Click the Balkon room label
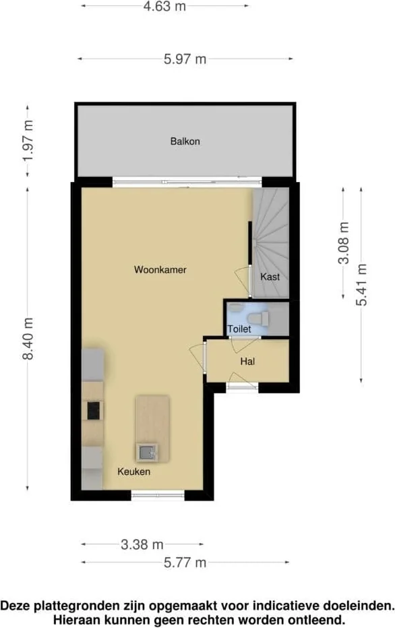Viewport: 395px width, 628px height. coord(185,142)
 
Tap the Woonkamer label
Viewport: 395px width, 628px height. coord(160,270)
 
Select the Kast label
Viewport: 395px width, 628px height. coord(270,277)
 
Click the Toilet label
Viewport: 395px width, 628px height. coord(239,329)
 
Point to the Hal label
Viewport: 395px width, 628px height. coord(247,362)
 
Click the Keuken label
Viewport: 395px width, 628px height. coord(133,472)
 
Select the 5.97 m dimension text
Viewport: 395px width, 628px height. coord(185,59)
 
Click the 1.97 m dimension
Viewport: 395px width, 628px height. coord(28,140)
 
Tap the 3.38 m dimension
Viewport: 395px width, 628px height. coord(142,544)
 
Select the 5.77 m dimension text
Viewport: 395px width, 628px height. coord(185,563)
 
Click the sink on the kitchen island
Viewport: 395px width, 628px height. coord(146,452)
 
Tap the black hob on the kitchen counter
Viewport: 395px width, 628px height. coord(92,409)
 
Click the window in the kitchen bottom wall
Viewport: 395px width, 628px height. coord(158,496)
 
